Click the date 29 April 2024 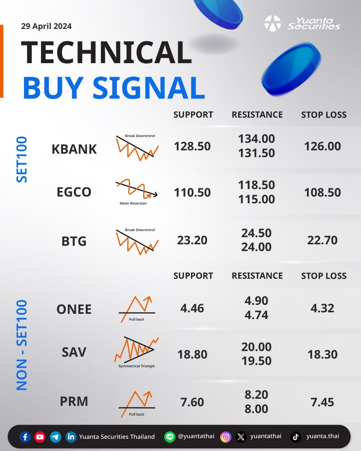(x=46, y=26)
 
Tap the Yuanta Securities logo (x=302, y=23)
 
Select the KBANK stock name (x=74, y=149)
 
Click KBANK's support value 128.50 (x=193, y=146)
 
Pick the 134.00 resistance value (x=256, y=139)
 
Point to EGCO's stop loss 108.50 (x=323, y=192)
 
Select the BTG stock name (x=74, y=241)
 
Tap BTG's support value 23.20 (x=192, y=240)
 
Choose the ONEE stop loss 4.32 (x=322, y=308)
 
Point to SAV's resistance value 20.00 (x=256, y=347)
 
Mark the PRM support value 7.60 (x=192, y=402)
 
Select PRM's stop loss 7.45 (x=322, y=402)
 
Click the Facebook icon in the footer (x=25, y=437)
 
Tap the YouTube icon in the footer (x=40, y=437)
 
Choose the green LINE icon (x=170, y=437)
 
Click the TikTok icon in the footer (x=296, y=437)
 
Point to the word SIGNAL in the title (x=149, y=88)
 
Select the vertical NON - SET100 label (x=22, y=345)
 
